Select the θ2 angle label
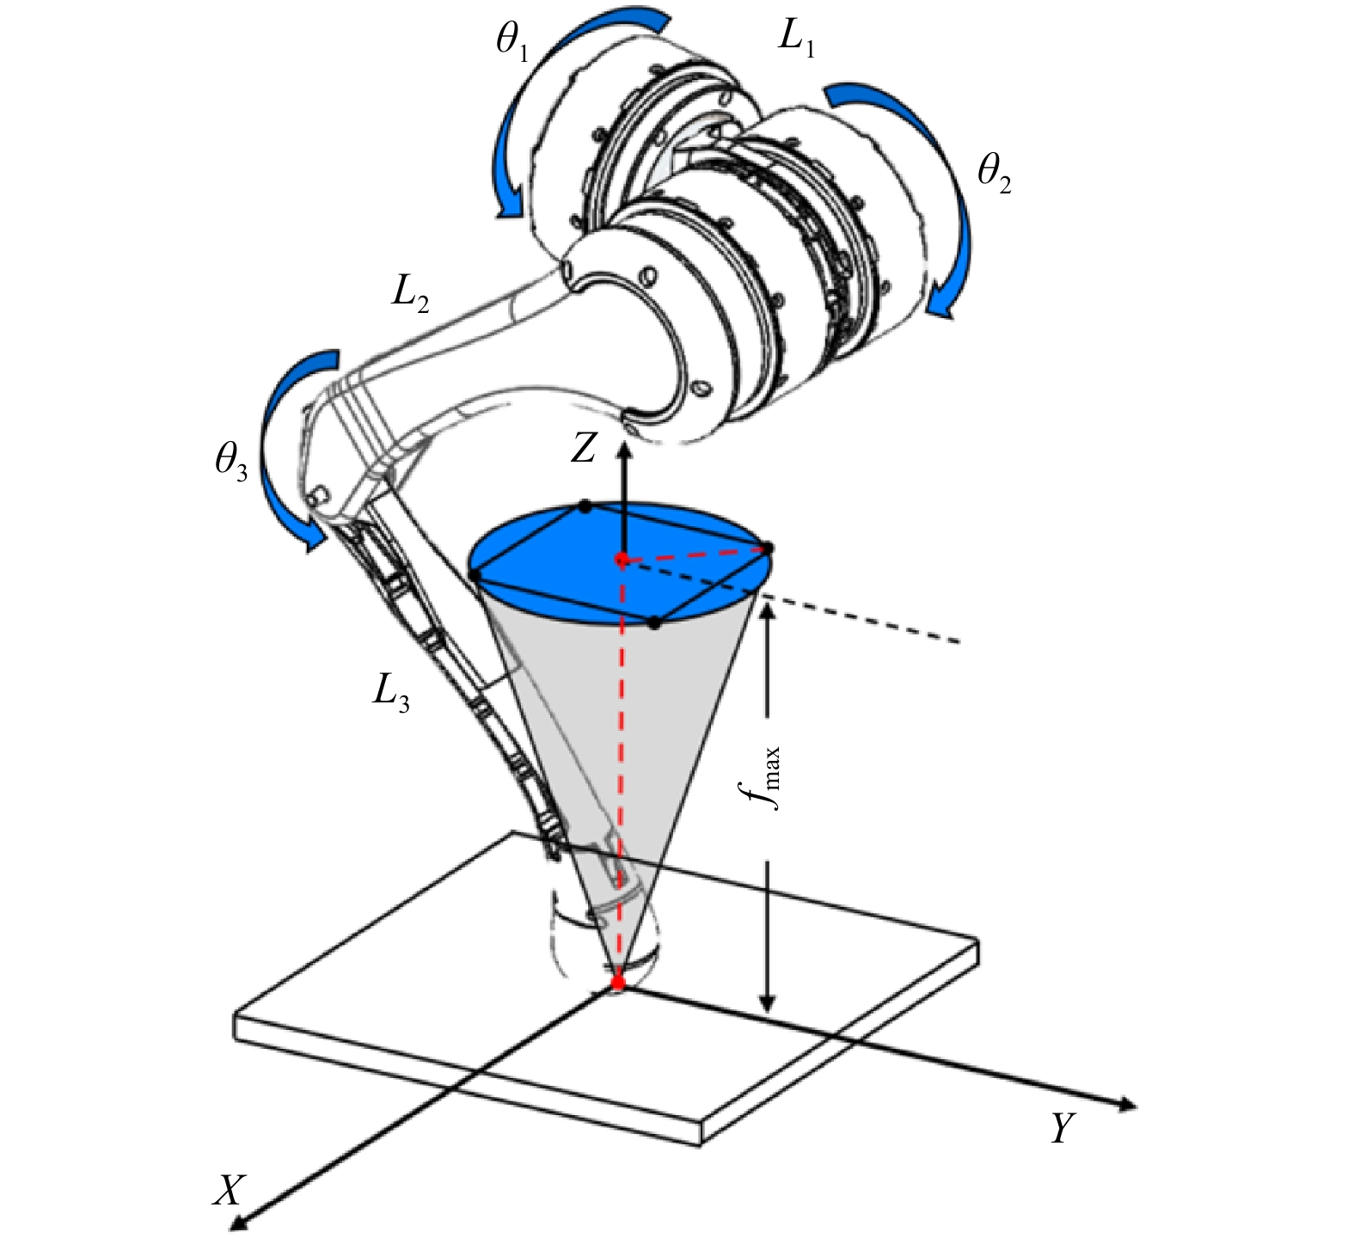coord(995,175)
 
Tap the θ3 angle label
coord(231,463)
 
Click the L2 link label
coord(410,295)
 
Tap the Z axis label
coord(584,448)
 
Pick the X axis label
coord(230,1191)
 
